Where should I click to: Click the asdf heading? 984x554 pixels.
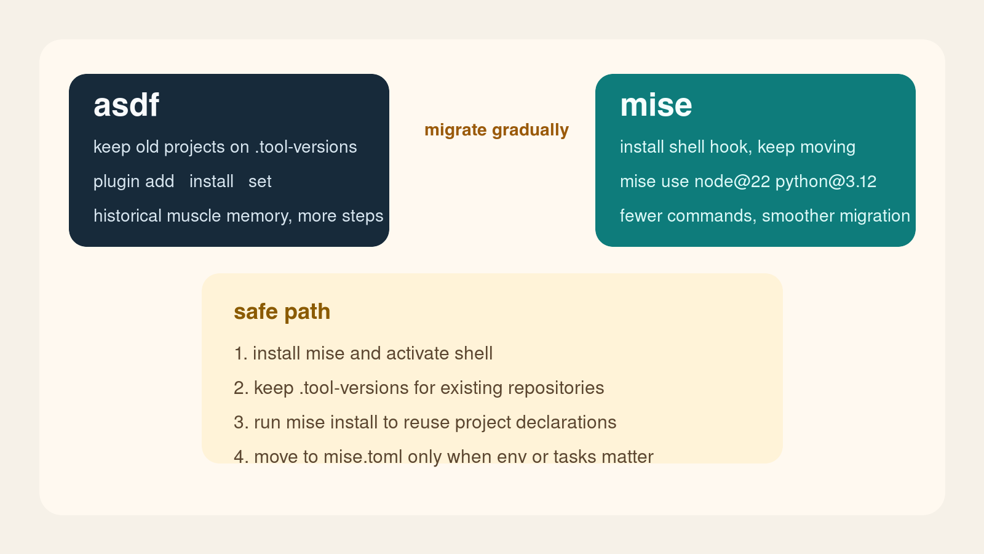[x=126, y=105]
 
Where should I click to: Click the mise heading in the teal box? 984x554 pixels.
[x=656, y=105]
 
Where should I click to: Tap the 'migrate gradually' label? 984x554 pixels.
[x=496, y=130]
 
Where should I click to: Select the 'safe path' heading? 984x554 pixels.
[x=282, y=311]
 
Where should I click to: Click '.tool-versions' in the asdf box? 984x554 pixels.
[x=306, y=147]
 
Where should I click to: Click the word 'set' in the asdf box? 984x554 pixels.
[x=260, y=182]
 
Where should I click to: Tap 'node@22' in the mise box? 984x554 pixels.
[x=732, y=182]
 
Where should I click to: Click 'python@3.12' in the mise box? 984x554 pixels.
[x=825, y=182]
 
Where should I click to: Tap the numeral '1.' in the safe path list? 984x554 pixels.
[x=240, y=353]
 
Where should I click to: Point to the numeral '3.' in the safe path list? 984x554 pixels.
[x=240, y=422]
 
